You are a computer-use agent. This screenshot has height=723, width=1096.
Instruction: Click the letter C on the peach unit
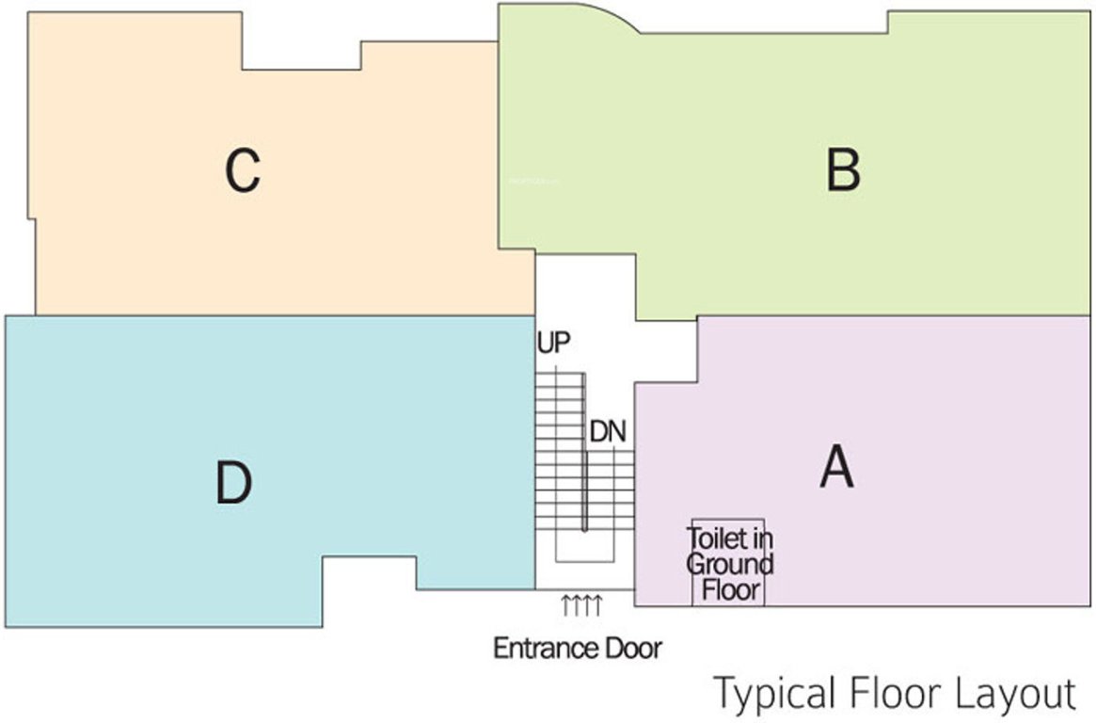(x=243, y=171)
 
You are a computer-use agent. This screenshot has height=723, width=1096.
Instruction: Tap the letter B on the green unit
(x=843, y=171)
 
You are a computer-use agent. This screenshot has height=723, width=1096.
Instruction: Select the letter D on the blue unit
(x=232, y=484)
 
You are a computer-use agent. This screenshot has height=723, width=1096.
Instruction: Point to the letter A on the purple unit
(x=836, y=467)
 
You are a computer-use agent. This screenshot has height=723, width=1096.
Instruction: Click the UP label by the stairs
(x=554, y=343)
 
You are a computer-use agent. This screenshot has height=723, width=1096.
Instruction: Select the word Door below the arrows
(x=635, y=649)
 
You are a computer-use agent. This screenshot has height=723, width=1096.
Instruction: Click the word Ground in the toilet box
(x=729, y=565)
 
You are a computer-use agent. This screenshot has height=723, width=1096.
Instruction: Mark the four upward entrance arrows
(x=581, y=605)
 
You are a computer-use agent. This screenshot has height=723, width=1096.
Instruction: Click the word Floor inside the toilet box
(x=730, y=591)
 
